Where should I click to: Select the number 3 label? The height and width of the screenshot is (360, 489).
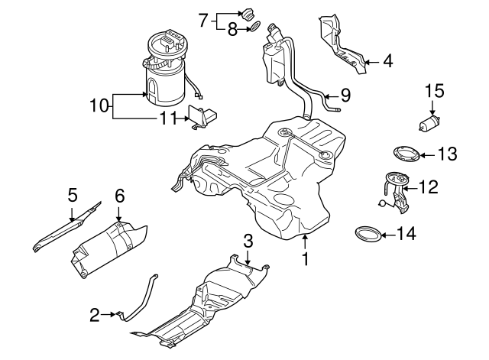tap(248, 241)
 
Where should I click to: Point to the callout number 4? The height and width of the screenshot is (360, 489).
tap(387, 60)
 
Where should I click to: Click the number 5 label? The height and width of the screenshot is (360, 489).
tap(72, 196)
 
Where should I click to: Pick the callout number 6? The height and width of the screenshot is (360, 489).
tap(119, 196)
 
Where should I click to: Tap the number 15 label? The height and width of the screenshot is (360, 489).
tap(434, 91)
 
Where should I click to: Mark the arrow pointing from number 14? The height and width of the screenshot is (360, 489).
tap(391, 232)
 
